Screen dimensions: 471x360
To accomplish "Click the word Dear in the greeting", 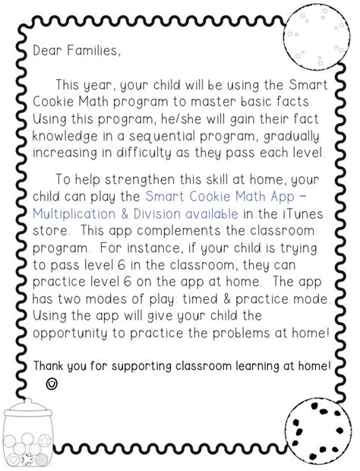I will (x=47, y=52).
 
